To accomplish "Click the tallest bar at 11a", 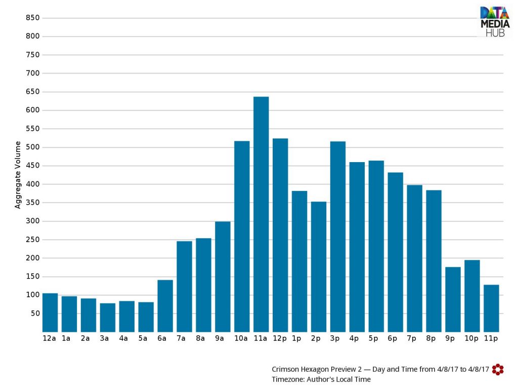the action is point(261,214).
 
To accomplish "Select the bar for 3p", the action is point(337,237).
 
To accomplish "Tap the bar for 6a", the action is point(165,306).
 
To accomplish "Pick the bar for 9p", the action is point(453,300).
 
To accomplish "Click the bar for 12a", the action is point(50,313).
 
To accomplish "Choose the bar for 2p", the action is point(319,267).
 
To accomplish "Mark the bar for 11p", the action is point(491,308).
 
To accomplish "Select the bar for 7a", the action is point(184,287).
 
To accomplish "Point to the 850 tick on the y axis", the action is point(33,18).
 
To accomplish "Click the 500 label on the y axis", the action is point(33,147).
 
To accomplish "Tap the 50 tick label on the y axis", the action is point(35,313).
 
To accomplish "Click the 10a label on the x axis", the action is point(241,338).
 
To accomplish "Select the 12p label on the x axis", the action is point(279,338).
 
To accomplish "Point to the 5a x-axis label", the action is point(143,338).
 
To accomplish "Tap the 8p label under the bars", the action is point(431,338).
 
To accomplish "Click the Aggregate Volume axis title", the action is point(18,175).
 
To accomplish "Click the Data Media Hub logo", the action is point(495,21).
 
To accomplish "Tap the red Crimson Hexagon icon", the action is point(498,369).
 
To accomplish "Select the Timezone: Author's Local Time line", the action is point(321,379).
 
